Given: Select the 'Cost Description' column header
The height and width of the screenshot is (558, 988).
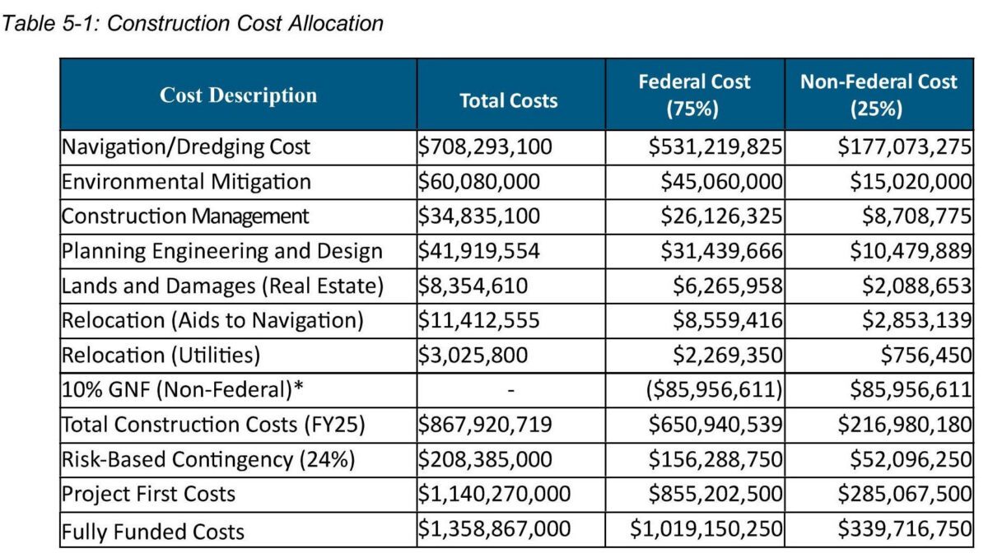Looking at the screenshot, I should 238,95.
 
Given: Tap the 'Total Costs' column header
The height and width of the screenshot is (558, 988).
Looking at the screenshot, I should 508,100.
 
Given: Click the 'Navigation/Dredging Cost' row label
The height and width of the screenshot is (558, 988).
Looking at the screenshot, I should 187,147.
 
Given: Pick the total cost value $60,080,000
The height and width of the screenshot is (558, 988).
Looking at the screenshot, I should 480,182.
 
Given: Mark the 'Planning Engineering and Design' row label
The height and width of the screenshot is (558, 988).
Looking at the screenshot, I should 222,251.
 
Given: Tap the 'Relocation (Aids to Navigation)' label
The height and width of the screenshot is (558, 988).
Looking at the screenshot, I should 212,320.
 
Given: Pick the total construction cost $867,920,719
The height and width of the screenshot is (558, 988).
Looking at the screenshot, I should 485,425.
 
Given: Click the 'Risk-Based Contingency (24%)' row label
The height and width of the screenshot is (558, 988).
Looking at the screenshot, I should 208,459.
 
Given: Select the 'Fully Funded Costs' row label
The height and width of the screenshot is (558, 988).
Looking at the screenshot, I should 153,529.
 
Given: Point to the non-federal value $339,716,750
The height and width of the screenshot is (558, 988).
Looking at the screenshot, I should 904,529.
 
